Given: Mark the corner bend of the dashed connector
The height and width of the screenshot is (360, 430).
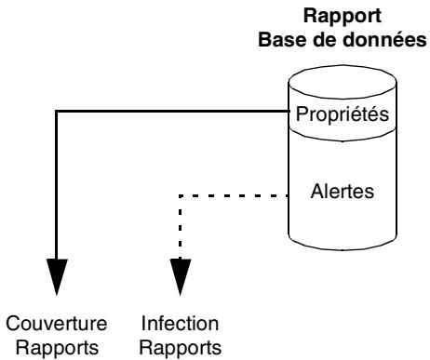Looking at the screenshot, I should (x=179, y=196).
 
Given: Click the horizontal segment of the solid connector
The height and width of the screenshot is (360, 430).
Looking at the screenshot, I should (x=168, y=112).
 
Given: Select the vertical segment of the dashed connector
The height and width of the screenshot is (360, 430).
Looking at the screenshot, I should (x=179, y=228).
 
